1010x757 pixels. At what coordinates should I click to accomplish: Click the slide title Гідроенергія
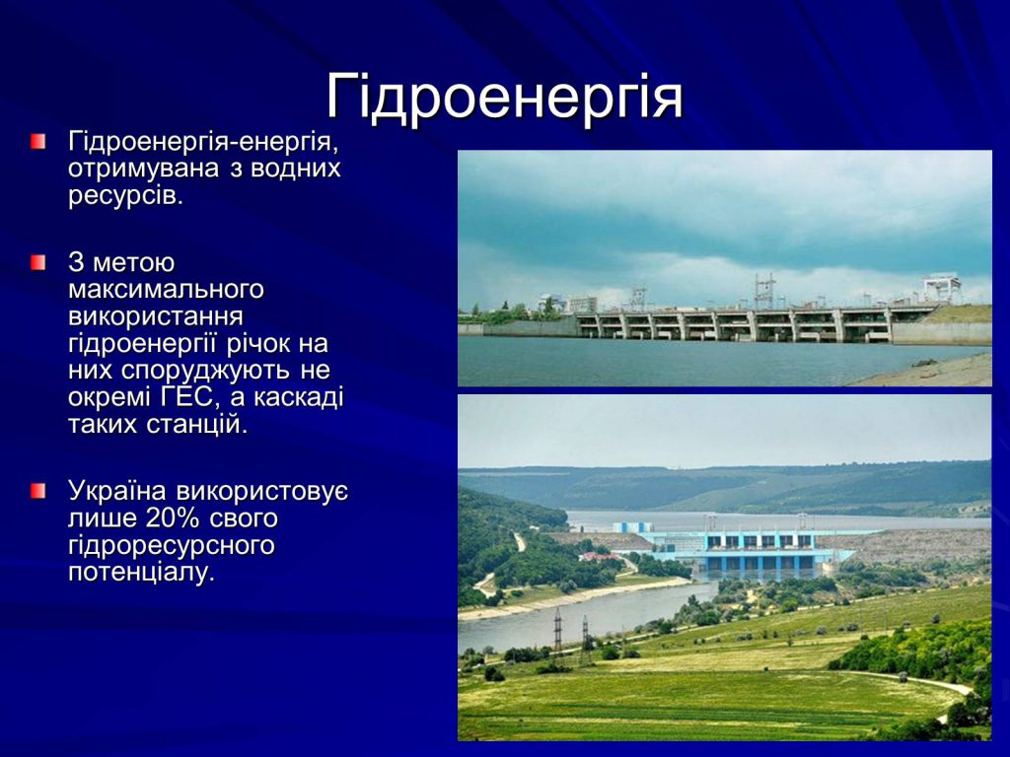(504, 97)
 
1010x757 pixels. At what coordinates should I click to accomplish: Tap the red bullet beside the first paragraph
(37, 142)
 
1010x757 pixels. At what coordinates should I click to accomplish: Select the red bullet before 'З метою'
(37, 263)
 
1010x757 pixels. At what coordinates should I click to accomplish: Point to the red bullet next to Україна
(37, 490)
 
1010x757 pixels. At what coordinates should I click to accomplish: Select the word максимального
(166, 290)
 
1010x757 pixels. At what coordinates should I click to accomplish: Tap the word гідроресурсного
(171, 545)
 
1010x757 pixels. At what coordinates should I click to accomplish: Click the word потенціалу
(140, 573)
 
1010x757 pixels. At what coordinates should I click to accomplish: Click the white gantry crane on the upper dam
(941, 287)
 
